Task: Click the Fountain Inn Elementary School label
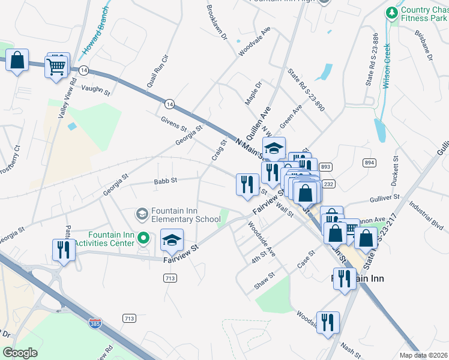(185, 215)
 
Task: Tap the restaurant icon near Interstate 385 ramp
(64, 249)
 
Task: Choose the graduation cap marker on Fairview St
(172, 241)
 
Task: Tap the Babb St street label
(165, 180)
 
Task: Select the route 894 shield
(369, 163)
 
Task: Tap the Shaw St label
(264, 280)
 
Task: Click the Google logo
(20, 352)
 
